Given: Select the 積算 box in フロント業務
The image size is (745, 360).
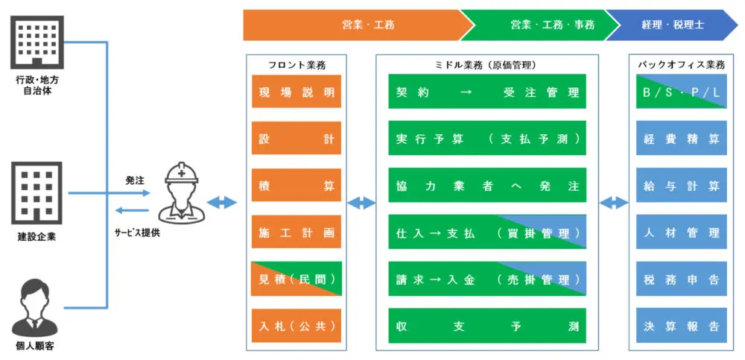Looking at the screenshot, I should (x=296, y=185).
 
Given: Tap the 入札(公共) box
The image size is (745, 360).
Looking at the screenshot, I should (x=296, y=325).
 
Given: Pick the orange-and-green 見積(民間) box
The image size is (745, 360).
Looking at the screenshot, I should (x=296, y=279).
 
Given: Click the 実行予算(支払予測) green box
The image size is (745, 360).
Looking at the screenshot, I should (x=487, y=139).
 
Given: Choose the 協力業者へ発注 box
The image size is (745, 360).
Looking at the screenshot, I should (x=487, y=185).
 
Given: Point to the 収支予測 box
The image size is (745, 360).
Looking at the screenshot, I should (x=487, y=325).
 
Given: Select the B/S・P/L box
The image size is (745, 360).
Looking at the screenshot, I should (x=681, y=92).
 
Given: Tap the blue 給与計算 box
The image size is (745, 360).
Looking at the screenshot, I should (x=681, y=185).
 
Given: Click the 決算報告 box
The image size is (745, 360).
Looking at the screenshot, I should (x=681, y=325).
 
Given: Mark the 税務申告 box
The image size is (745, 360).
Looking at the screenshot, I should (x=681, y=279).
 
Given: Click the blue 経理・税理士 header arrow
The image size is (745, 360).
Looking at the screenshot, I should (x=670, y=25).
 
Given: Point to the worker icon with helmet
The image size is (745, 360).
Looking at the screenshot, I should (x=182, y=192).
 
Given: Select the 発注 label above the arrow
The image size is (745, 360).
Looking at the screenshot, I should (x=135, y=180).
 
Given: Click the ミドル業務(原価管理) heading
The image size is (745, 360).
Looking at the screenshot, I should (x=486, y=65).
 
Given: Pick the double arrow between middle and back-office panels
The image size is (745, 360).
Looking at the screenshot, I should (x=614, y=202).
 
